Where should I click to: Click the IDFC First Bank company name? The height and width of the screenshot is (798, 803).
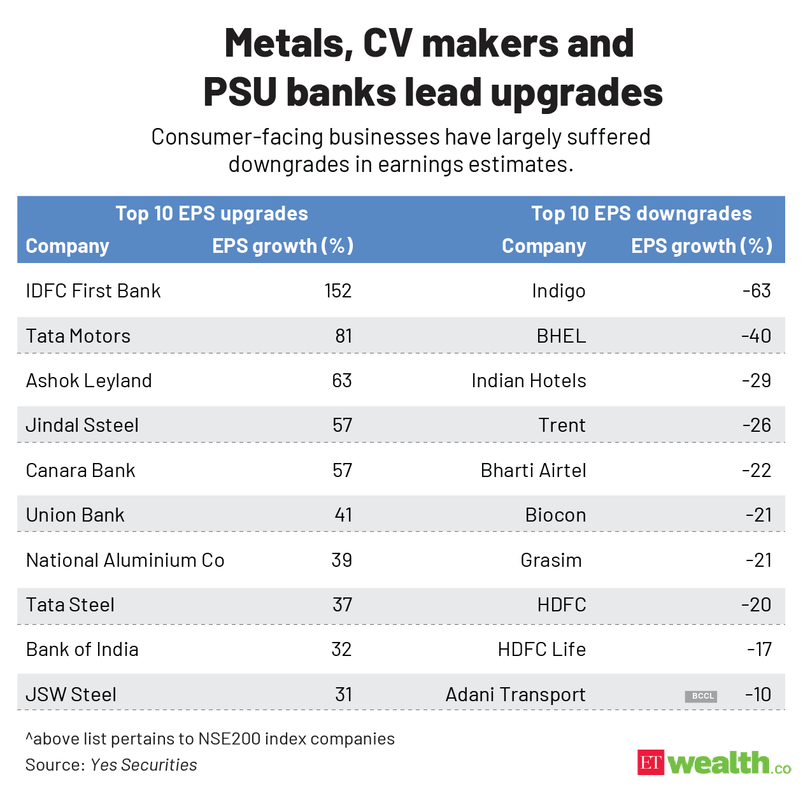click(93, 291)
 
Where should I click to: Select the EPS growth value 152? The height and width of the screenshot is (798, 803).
click(338, 291)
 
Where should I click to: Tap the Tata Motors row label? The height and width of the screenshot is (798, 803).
click(78, 336)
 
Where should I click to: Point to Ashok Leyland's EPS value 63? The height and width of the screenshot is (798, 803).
click(341, 381)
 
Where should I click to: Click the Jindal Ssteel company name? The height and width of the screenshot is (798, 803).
click(82, 425)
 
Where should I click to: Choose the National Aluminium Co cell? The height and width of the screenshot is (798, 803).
click(125, 560)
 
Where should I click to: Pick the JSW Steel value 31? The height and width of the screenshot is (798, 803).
click(343, 694)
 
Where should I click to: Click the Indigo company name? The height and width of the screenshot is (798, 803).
click(558, 291)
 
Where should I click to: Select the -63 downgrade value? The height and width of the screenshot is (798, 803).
click(757, 291)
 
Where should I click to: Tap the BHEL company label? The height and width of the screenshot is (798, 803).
click(561, 336)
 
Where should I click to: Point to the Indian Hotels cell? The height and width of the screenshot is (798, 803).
click(529, 381)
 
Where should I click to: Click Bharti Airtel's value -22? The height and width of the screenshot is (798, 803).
click(757, 471)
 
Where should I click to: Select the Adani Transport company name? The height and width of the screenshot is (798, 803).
click(515, 694)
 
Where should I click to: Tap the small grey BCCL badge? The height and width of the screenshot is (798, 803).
click(701, 696)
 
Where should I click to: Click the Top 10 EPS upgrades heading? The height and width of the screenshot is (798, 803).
click(211, 213)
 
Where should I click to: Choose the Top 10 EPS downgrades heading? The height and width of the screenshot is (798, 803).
click(641, 213)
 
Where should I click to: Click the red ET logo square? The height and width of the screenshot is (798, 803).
click(650, 762)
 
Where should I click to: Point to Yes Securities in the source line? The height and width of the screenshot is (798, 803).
click(144, 765)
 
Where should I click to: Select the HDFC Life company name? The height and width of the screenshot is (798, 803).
click(541, 650)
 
